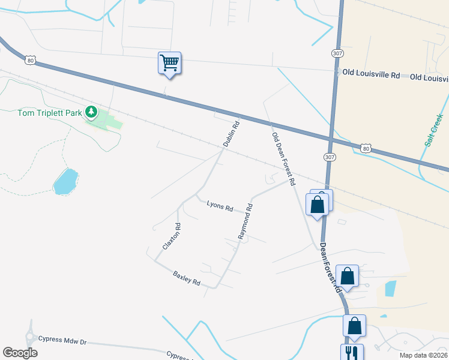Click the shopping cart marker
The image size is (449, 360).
(170, 62)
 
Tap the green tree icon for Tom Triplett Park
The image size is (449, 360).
(91, 112)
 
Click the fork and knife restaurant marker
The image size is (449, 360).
(352, 352)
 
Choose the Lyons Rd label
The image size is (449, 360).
(220, 206)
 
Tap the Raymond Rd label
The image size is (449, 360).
(245, 221)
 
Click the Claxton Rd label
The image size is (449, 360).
(172, 236)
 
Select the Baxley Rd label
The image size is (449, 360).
(186, 278)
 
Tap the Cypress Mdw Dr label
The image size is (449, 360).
(62, 341)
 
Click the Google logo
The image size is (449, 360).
(20, 352)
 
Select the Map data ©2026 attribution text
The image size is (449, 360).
(423, 355)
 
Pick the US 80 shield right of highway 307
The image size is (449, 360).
(366, 148)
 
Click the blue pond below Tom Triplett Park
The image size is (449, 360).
(65, 181)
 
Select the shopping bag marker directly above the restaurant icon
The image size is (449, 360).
(354, 326)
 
